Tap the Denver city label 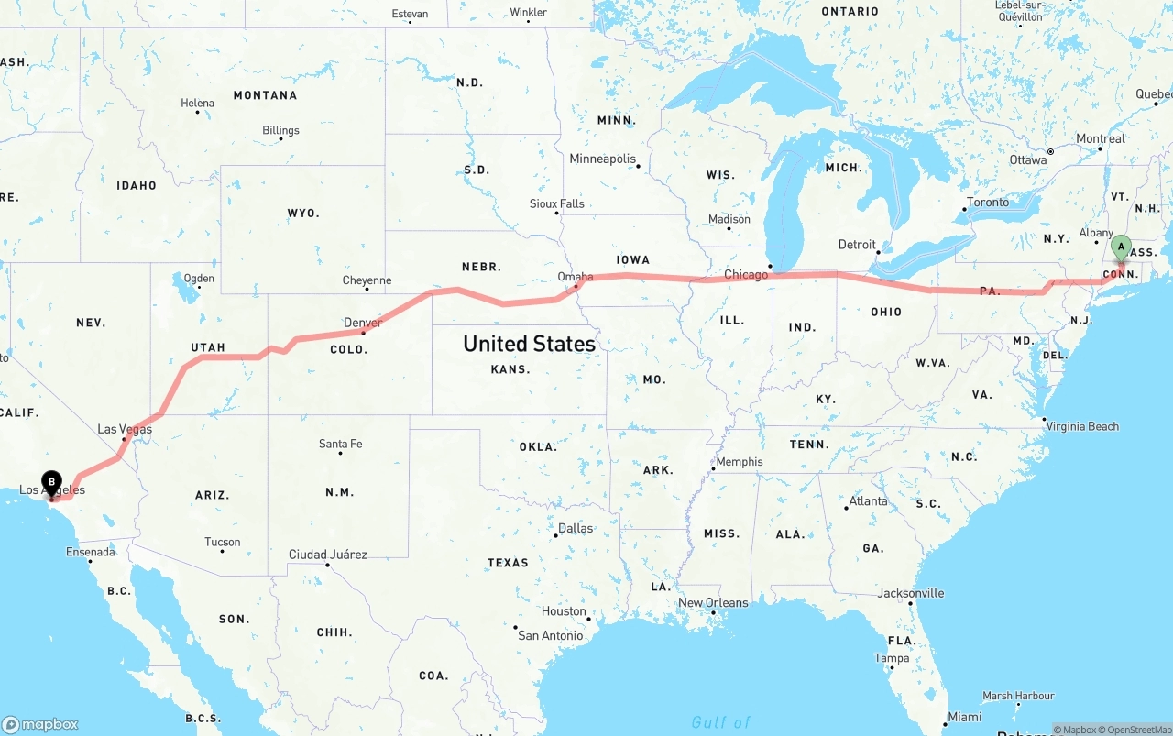[363, 323]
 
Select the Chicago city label [746, 275]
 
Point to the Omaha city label [576, 277]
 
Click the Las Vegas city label [125, 429]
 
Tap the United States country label [529, 344]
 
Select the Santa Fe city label [340, 444]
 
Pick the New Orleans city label [713, 602]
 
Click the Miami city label [964, 717]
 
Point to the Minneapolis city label [602, 159]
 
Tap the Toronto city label [988, 203]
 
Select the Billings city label [280, 130]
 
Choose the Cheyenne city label [367, 280]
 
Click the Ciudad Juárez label [327, 555]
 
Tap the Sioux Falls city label [556, 203]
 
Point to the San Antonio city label [550, 635]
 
